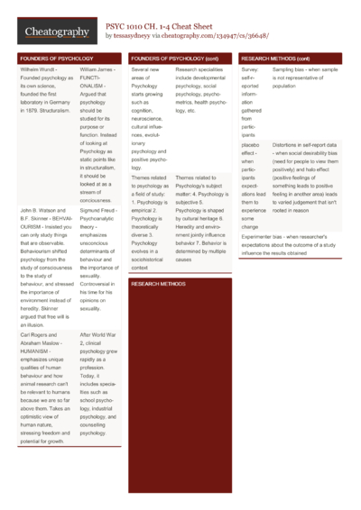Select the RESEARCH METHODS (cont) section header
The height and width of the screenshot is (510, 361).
click(x=276, y=58)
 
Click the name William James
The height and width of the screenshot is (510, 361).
click(x=98, y=68)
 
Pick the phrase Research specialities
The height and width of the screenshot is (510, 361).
click(x=201, y=68)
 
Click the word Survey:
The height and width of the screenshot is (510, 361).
click(x=252, y=68)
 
